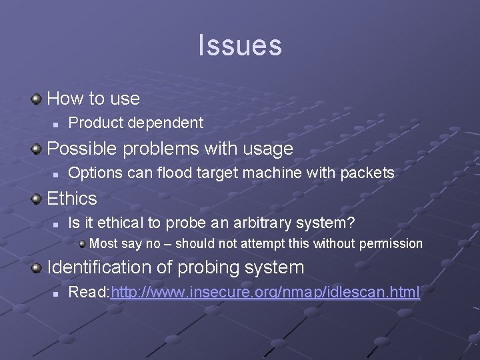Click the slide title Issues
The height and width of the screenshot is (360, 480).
click(240, 45)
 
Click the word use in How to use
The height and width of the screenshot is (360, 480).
click(125, 99)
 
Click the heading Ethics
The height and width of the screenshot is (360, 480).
click(72, 199)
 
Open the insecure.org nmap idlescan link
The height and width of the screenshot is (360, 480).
click(266, 292)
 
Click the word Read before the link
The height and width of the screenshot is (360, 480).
click(89, 292)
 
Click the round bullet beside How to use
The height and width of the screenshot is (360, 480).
click(36, 99)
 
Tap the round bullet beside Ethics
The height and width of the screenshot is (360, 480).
click(36, 199)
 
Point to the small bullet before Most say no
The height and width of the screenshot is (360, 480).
click(81, 244)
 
